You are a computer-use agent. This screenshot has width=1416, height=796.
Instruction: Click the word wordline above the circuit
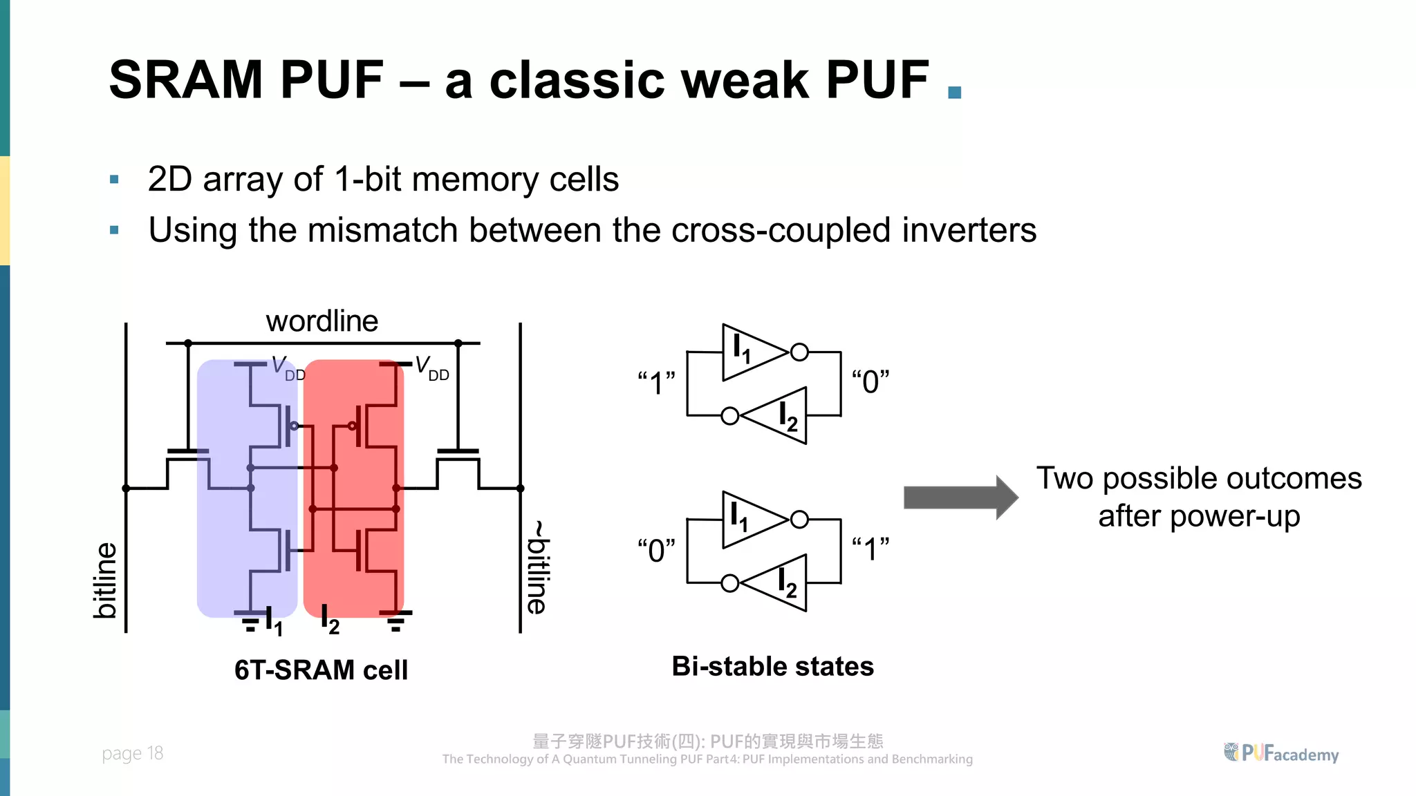pos(322,321)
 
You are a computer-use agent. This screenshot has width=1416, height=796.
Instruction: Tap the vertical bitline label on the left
pos(105,580)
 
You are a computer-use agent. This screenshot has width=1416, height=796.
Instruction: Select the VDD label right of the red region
pos(432,368)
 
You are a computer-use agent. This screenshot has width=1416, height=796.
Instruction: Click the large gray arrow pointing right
pos(960,497)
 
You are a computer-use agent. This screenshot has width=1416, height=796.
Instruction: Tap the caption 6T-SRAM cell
pos(321,670)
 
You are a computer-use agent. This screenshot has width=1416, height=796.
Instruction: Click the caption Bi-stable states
pos(772,667)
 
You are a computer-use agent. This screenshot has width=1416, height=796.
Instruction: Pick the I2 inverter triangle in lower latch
pos(778,583)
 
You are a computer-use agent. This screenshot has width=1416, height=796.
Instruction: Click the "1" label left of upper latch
pos(656,383)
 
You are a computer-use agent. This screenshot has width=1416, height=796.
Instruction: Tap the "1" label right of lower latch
pos(870,550)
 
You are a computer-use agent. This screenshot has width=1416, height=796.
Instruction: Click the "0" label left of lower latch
pos(656,551)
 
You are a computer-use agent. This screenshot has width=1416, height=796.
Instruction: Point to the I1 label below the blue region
pos(274,623)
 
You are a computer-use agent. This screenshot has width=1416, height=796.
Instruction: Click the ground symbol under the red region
pos(396,621)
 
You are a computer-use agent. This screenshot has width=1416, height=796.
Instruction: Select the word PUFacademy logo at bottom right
pos(1282,753)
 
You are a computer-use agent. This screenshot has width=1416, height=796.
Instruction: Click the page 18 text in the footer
pos(132,753)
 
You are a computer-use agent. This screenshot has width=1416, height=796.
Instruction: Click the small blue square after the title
pos(955,93)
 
